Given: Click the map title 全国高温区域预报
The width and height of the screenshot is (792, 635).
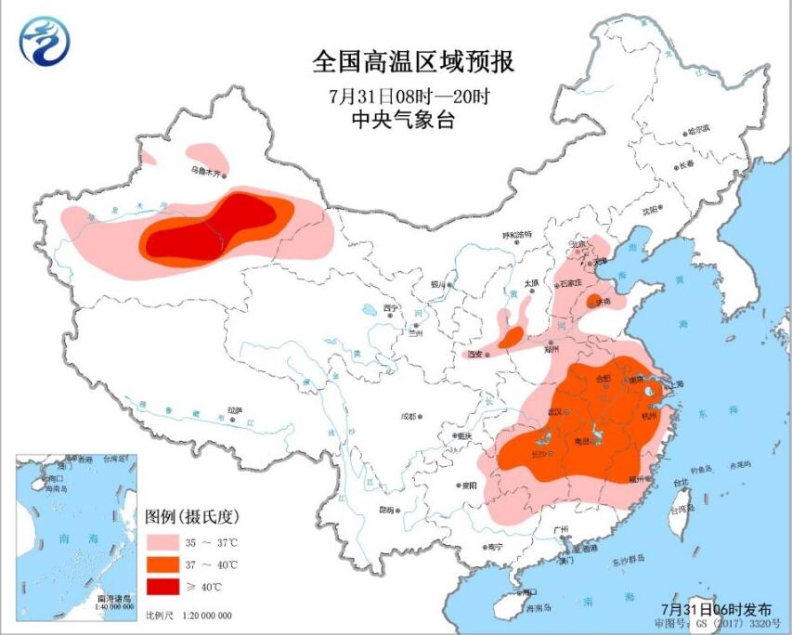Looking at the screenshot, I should point(413,62).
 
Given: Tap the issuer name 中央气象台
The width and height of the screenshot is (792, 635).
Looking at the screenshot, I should point(414,119).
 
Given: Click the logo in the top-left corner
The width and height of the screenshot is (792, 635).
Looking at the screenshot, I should point(43,42).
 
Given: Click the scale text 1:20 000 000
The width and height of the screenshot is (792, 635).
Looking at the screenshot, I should point(201,616).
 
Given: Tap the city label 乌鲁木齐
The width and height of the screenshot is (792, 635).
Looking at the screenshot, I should point(208,171).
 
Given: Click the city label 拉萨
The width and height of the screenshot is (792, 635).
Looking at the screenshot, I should point(234,409).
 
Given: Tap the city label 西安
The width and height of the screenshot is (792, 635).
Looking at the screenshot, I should point(477,354).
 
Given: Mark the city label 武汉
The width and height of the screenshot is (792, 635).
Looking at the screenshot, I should point(557,411).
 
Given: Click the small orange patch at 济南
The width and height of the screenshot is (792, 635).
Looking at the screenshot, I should point(593,300).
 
